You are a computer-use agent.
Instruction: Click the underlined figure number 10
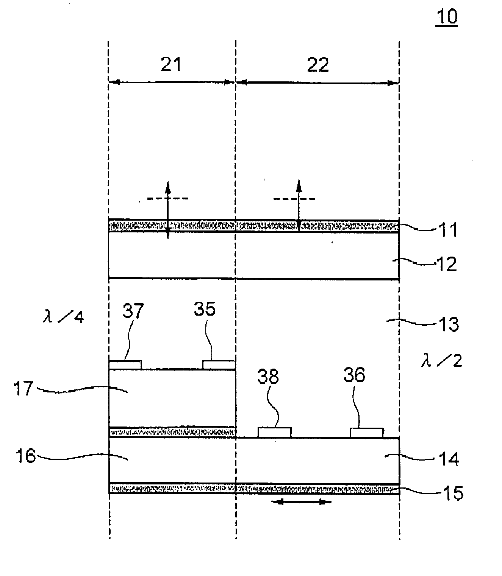pyautogui.click(x=447, y=17)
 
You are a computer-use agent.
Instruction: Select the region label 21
pyautogui.click(x=171, y=65)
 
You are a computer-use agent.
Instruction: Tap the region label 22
pyautogui.click(x=318, y=65)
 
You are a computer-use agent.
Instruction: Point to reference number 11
pyautogui.click(x=448, y=230)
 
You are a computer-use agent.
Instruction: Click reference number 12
pyautogui.click(x=447, y=264)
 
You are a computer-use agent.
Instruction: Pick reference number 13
pyautogui.click(x=448, y=324)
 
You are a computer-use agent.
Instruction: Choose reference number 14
pyautogui.click(x=449, y=459)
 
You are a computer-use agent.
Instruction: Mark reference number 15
pyautogui.click(x=452, y=493)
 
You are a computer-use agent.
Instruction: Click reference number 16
pyautogui.click(x=25, y=456)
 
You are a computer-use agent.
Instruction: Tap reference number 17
pyautogui.click(x=24, y=389)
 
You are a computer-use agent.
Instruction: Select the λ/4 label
pyautogui.click(x=63, y=316)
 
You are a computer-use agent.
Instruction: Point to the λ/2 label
pyautogui.click(x=442, y=361)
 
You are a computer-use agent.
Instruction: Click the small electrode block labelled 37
pyautogui.click(x=125, y=365)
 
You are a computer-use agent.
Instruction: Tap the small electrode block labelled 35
pyautogui.click(x=219, y=365)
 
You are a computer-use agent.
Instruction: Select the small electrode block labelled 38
pyautogui.click(x=275, y=432)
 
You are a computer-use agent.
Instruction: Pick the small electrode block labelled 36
pyautogui.click(x=366, y=432)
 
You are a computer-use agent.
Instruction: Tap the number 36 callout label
pyautogui.click(x=354, y=375)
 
